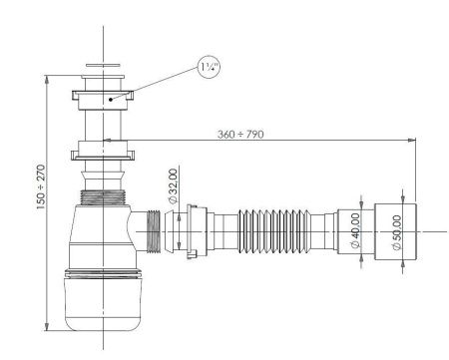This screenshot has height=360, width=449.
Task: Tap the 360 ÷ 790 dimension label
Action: [x=240, y=135]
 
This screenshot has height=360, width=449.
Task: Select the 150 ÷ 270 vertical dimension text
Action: [x=41, y=186]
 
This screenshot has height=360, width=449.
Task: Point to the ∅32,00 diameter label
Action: [x=174, y=186]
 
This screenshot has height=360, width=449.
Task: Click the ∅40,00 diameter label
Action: [x=355, y=231]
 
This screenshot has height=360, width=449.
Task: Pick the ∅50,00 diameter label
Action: [x=397, y=232]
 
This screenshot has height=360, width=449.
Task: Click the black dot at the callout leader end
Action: [x=111, y=99]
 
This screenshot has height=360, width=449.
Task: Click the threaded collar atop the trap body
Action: [x=103, y=197]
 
